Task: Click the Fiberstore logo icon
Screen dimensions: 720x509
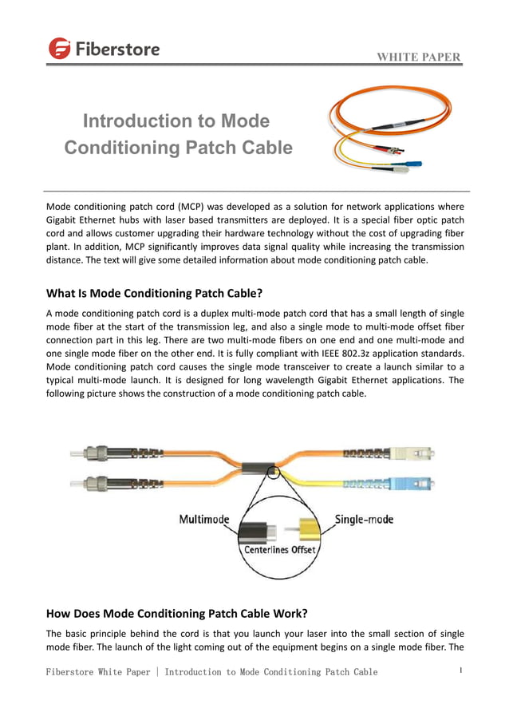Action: click(x=60, y=49)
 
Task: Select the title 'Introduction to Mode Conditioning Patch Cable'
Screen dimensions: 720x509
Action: click(x=177, y=134)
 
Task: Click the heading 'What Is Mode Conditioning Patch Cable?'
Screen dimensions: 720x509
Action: click(x=155, y=292)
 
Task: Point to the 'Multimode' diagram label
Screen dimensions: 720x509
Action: click(x=203, y=520)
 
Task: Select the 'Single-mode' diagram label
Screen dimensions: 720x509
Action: click(x=364, y=520)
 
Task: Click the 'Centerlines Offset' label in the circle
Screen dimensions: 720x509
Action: click(x=279, y=550)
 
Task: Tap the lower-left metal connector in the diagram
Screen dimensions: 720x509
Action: click(x=99, y=484)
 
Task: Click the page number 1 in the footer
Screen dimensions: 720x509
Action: click(x=461, y=671)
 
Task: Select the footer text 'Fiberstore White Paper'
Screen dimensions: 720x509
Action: click(x=97, y=672)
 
